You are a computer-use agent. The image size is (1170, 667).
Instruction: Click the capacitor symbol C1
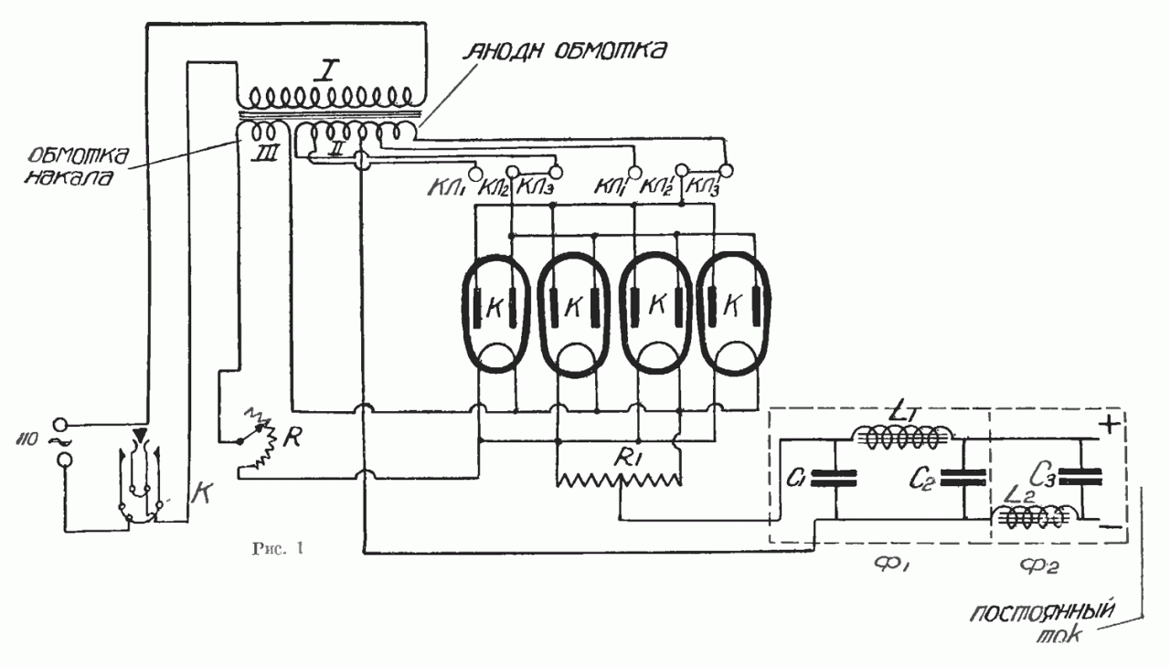pyautogui.click(x=835, y=474)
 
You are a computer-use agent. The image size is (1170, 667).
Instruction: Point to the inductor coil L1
pyautogui.click(x=903, y=439)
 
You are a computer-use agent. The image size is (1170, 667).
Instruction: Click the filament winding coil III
pyautogui.click(x=259, y=134)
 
